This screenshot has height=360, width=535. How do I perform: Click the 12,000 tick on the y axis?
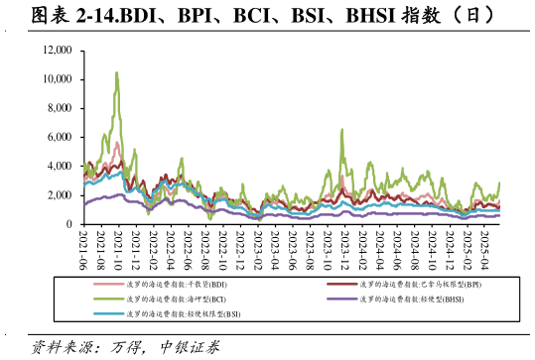(58, 50)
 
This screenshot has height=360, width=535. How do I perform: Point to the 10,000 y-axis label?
(58, 78)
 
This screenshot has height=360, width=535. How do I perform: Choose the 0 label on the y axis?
(69, 224)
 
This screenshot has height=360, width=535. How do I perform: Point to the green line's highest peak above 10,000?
(116, 72)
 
